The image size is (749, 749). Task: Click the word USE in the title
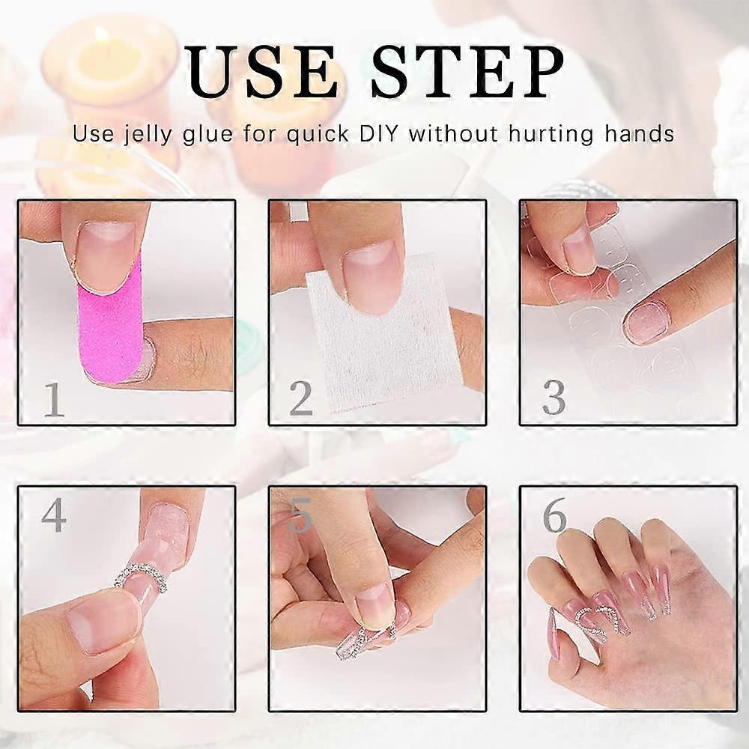pos(262,72)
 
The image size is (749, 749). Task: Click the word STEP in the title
pos(467,72)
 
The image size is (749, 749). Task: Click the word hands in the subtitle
pos(639,134)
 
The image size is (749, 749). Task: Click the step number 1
pos(54,399)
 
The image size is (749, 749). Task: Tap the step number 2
pos(301,399)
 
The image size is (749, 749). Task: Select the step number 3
pos(554,398)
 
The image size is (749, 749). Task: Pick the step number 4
pos(53,515)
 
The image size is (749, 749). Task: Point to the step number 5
pos(300,516)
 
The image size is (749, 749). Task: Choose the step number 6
pos(554,515)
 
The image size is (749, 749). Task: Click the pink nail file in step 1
pos(110,330)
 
